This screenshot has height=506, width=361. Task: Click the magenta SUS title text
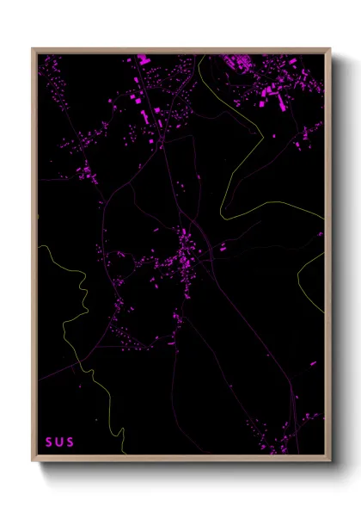click(59, 442)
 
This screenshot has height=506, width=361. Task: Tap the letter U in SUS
click(59, 442)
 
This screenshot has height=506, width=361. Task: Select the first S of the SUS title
click(50, 442)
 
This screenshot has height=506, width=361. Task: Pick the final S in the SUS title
click(70, 442)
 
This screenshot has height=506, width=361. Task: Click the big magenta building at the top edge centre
click(142, 60)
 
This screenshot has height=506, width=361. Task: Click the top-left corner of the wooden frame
click(33, 49)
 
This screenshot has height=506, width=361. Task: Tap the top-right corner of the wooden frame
click(330, 49)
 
